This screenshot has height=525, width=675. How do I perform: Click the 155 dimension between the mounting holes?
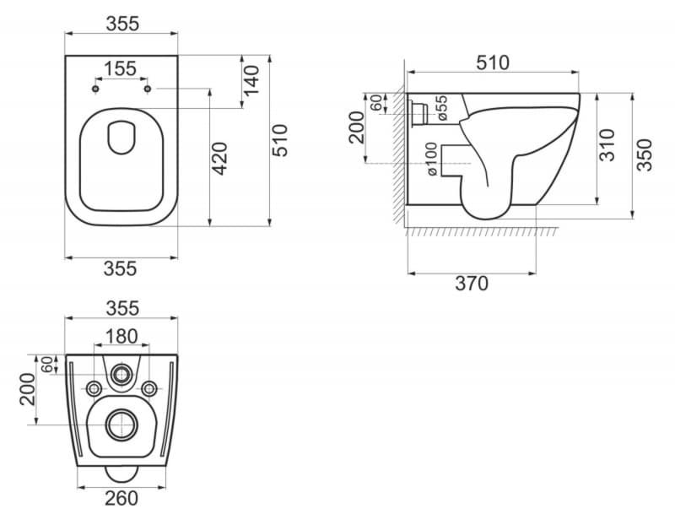pyautogui.click(x=120, y=68)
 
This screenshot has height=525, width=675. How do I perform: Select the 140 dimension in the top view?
pyautogui.click(x=251, y=80)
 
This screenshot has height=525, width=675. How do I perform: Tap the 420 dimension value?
pyautogui.click(x=220, y=159)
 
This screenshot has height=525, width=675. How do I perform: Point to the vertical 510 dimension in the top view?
pyautogui.click(x=280, y=140)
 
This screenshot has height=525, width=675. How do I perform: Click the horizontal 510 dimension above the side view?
pyautogui.click(x=493, y=62)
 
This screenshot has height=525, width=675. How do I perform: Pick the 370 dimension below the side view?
pyautogui.click(x=472, y=284)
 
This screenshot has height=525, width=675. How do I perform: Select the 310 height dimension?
pyautogui.click(x=607, y=144)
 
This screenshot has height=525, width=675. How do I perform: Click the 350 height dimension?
pyautogui.click(x=645, y=155)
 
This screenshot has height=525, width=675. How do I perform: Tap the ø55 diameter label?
pyautogui.click(x=441, y=108)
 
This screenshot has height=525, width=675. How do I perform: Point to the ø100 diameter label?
pyautogui.click(x=431, y=160)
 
